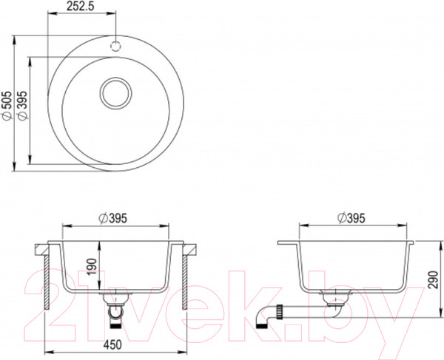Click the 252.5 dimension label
pos(80,6)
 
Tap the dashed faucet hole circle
pos(115,46)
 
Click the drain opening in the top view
pos(116,93)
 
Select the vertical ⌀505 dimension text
pos(7,105)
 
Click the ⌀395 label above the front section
pos(113,218)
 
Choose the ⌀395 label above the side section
pos(351,218)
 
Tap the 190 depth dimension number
pos(93,267)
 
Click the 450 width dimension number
pos(112,344)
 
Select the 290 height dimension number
pos(433,279)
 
